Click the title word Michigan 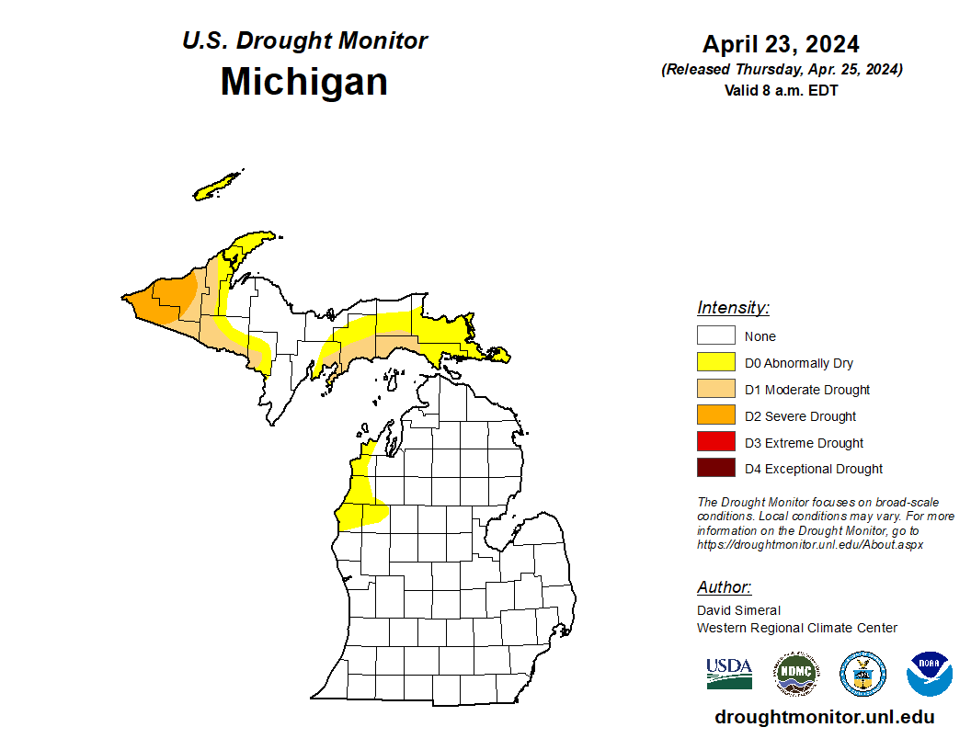tap(303, 83)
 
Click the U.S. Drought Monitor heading tap(304, 41)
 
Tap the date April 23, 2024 tap(781, 44)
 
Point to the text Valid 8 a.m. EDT tap(781, 90)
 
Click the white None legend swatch tap(715, 335)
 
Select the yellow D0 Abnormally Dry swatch tap(715, 362)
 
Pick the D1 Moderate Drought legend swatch tap(715, 389)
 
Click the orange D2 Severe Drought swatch tap(715, 415)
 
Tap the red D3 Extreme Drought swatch tap(715, 442)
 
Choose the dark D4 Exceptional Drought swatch tap(715, 469)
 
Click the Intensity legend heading tap(733, 308)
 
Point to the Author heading tap(724, 587)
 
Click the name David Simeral tap(738, 610)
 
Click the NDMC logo tap(795, 674)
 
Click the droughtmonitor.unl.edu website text tap(824, 718)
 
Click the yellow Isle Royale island tap(217, 187)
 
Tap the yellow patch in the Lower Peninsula tap(360, 506)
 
